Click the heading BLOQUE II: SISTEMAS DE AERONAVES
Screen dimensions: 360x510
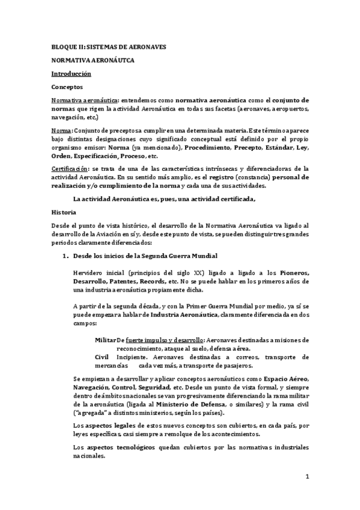108,46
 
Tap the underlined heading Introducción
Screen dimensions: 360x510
71,73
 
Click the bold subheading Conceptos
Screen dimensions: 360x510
67,87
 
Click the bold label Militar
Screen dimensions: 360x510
105,340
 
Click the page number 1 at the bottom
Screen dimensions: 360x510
307,478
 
